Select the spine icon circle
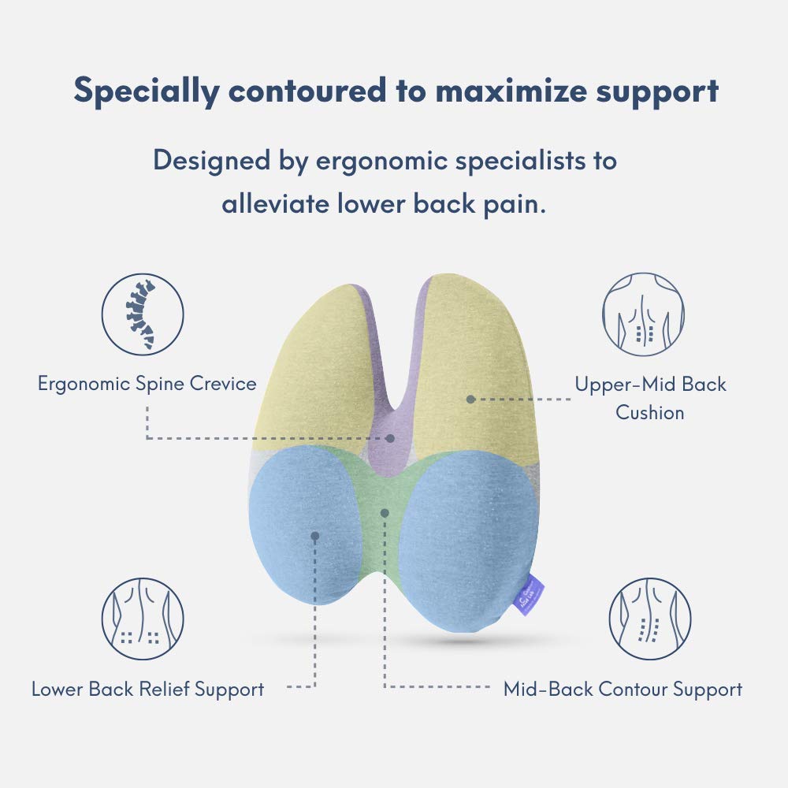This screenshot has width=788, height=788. click(x=143, y=314)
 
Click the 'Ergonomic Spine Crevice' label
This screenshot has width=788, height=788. click(x=147, y=384)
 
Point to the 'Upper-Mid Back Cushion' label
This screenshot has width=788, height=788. click(x=650, y=398)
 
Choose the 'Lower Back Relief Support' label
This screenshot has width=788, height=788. click(x=147, y=689)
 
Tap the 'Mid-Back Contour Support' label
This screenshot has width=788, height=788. click(x=623, y=689)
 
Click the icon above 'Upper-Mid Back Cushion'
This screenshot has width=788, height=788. click(x=644, y=314)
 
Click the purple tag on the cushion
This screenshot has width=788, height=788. click(x=539, y=582)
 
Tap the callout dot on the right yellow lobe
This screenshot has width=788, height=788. click(x=470, y=399)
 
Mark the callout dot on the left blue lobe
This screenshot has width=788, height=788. click(x=315, y=536)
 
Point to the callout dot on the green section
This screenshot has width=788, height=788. click(x=385, y=512)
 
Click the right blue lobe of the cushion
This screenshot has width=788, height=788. click(x=465, y=536)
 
